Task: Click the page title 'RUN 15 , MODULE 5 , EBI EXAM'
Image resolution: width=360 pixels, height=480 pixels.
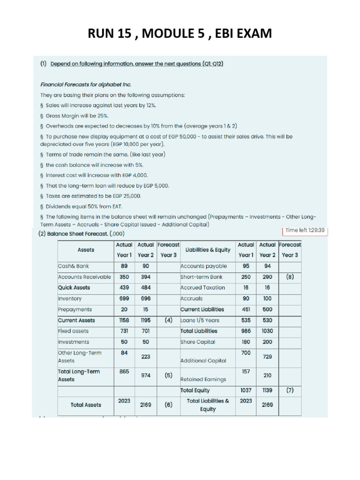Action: tap(180, 33)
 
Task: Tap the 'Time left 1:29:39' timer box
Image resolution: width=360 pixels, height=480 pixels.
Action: tap(305, 230)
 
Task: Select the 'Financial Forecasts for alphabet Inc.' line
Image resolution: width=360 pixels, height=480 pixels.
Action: tap(85, 84)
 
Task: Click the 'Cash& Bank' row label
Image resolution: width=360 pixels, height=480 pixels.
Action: tap(72, 266)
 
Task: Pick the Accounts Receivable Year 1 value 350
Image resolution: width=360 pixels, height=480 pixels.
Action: tap(124, 277)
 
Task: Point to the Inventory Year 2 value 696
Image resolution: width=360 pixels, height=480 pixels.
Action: tap(146, 298)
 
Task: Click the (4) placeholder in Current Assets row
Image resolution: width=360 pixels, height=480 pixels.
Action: tap(168, 320)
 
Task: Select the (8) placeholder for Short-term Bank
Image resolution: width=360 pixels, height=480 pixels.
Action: tap(289, 277)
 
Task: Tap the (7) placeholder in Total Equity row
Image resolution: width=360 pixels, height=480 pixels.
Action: tap(289, 390)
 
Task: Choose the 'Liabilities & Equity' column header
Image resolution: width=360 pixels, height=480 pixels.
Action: tap(208, 250)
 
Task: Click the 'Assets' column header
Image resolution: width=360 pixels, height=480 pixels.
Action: tap(86, 250)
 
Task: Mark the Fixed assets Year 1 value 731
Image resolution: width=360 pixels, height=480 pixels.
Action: tap(124, 331)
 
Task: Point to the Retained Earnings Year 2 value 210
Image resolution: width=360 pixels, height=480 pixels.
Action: tap(267, 375)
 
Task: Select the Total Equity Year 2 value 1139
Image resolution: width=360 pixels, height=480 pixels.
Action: tap(267, 390)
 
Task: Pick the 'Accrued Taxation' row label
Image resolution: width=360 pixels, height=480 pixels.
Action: tap(202, 287)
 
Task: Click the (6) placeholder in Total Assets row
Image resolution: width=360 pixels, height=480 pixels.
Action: tap(168, 405)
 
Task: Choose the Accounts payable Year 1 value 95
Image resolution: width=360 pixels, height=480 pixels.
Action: tap(246, 266)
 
